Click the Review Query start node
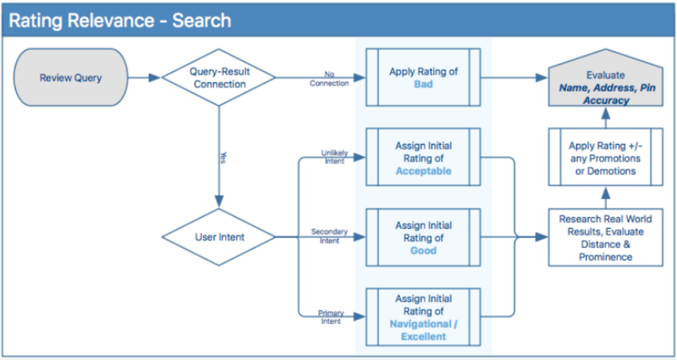[71, 77]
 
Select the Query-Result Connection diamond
[219, 77]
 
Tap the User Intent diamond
[219, 237]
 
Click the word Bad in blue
[423, 84]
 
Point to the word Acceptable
[423, 171]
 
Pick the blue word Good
[423, 251]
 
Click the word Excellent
[423, 336]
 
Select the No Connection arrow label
[329, 79]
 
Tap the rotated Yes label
[223, 158]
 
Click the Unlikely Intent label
[334, 157]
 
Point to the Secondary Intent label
[329, 236]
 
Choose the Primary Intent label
[331, 317]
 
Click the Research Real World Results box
[606, 237]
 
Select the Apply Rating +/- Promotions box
[606, 157]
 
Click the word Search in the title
[202, 20]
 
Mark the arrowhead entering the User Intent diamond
[219, 201]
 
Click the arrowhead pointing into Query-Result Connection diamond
[154, 78]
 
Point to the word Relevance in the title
[111, 20]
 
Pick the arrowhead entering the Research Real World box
[541, 237]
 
